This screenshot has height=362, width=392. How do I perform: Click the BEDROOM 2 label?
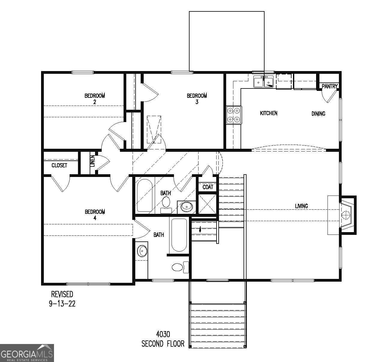click(94, 99)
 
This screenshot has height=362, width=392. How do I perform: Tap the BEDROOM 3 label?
click(197, 99)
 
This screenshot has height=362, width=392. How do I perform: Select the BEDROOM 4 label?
click(95, 215)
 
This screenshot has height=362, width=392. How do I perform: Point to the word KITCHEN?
click(268, 113)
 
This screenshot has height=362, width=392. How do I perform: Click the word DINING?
click(318, 114)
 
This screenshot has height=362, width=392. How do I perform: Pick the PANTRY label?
click(330, 86)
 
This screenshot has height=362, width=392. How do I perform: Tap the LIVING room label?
click(301, 206)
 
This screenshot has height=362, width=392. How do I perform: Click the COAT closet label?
click(208, 187)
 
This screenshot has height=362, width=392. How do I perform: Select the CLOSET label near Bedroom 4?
click(59, 165)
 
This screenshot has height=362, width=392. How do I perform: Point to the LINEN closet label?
click(92, 161)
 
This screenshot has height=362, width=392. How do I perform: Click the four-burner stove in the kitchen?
click(234, 115)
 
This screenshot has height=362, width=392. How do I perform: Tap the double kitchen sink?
click(264, 82)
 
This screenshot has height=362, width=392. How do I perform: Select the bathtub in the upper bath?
click(144, 195)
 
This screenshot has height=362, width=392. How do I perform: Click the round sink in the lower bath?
click(142, 251)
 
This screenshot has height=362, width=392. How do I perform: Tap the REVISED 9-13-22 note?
click(62, 299)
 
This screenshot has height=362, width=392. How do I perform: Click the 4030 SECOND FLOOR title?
click(163, 339)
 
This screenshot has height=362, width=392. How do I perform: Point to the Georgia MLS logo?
click(27, 353)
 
